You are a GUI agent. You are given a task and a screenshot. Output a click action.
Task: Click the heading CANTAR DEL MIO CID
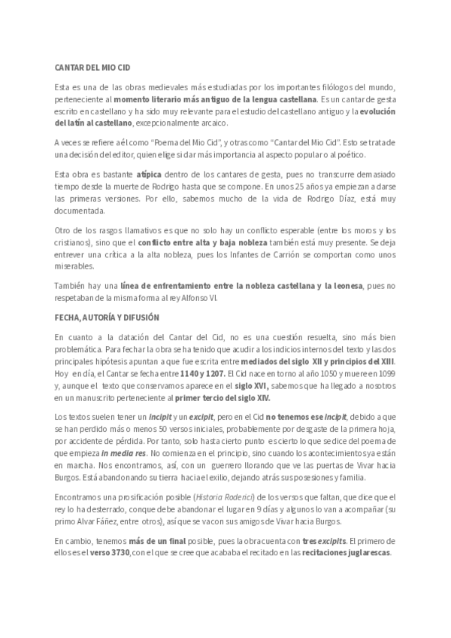(x=88, y=66)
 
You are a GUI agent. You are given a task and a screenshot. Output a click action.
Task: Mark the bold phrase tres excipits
(x=325, y=540)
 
